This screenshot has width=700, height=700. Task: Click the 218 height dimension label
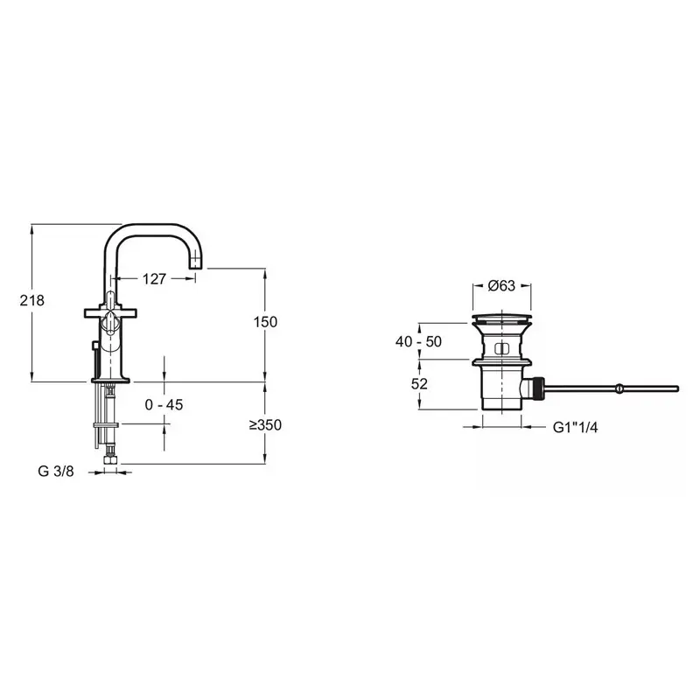pyautogui.click(x=32, y=300)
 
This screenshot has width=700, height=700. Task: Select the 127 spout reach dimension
pyautogui.click(x=154, y=279)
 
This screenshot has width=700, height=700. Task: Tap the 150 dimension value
pyautogui.click(x=266, y=322)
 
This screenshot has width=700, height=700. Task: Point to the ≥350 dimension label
pyautogui.click(x=266, y=424)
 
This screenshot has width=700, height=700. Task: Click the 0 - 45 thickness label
pyautogui.click(x=164, y=404)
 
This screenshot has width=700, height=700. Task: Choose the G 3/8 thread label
pyautogui.click(x=56, y=471)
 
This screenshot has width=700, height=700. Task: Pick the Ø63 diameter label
pyautogui.click(x=501, y=285)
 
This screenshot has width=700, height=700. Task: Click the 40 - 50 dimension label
pyautogui.click(x=418, y=341)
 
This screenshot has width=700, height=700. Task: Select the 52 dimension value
pyautogui.click(x=419, y=383)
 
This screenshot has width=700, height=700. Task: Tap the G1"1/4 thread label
pyautogui.click(x=575, y=427)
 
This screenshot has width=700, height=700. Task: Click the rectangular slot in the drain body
pyautogui.click(x=501, y=349)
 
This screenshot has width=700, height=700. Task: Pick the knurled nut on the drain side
pyautogui.click(x=539, y=388)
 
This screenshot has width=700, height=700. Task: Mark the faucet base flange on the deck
pyautogui.click(x=110, y=381)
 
